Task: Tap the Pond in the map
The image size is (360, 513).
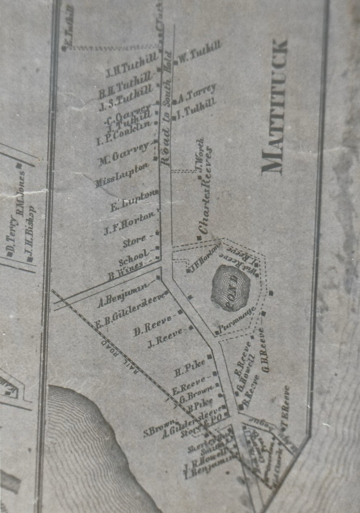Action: tap(231, 288)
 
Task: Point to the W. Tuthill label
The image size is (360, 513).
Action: tap(201, 52)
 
